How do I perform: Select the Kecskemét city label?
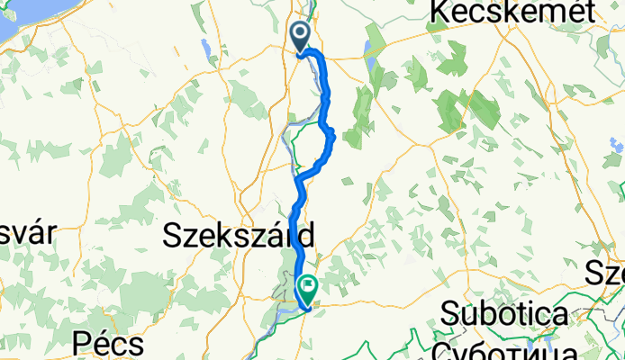tap(513, 12)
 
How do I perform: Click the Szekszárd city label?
tap(240, 237)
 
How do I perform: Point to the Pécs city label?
tap(110, 346)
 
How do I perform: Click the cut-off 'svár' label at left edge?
tap(27, 233)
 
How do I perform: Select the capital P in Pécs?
tap(83, 346)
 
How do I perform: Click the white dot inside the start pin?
tap(300, 34)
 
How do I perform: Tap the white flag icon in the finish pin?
tap(307, 288)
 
